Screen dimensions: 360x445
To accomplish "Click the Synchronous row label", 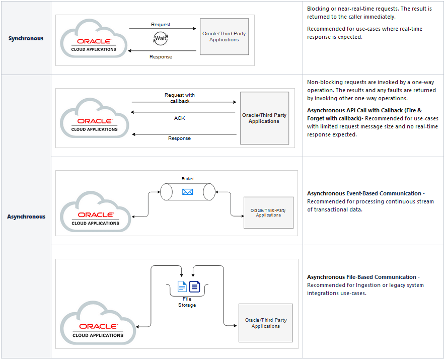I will pos(26,38).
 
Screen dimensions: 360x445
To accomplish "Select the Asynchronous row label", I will pos(26,217).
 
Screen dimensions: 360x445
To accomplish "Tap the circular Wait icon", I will pos(161,38).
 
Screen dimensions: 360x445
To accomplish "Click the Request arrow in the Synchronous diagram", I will pos(162,29).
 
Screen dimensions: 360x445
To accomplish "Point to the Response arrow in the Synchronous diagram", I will pos(162,51).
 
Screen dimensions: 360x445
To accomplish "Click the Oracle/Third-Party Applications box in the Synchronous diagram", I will pos(224,37).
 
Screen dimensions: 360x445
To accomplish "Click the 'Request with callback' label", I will pos(179,98).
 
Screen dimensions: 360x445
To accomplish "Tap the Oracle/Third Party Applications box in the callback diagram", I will pos(264,118).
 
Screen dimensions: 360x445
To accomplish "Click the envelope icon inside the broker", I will pos(188,191).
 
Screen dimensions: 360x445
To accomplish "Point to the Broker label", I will pos(187,179).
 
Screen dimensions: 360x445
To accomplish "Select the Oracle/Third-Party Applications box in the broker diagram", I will pos(268,213).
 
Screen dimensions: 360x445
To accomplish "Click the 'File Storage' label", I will pos(187,302).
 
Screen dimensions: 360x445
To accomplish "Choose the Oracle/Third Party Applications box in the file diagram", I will pos(265,323).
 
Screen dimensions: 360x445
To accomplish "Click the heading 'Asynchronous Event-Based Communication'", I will pos(364,193).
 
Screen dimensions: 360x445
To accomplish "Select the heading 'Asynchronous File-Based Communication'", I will pos(361,277).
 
